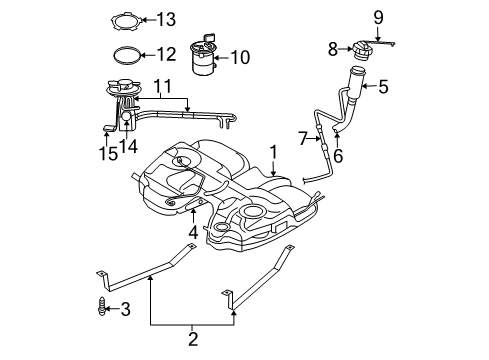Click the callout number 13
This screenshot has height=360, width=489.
[165, 18]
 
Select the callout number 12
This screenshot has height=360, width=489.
[165, 54]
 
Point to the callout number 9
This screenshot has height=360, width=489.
[379, 16]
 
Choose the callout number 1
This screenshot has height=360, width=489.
[271, 152]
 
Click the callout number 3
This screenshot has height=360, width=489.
[126, 309]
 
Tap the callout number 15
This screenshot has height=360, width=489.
[106, 153]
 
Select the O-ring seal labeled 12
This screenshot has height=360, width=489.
[125, 55]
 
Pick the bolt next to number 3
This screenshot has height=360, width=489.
[102, 309]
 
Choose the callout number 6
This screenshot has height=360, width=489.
[338, 156]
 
